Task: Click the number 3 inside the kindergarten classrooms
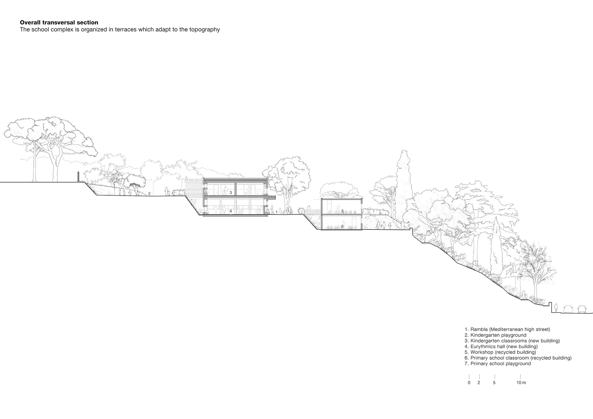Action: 231,192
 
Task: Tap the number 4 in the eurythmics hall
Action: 231,211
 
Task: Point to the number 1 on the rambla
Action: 277,212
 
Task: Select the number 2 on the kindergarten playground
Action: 149,193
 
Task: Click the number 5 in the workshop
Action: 342,211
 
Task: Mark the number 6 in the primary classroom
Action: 342,227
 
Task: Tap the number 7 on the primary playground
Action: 381,226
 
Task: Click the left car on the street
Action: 568,309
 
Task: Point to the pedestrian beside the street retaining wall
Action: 556,308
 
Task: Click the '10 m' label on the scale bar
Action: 521,383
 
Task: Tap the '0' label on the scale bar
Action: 469,383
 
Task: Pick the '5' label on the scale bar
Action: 494,383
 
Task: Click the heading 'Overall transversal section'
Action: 59,22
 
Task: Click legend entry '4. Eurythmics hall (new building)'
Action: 501,346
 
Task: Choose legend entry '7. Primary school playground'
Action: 498,364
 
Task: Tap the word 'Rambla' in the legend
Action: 479,329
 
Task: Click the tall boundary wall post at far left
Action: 78,177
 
